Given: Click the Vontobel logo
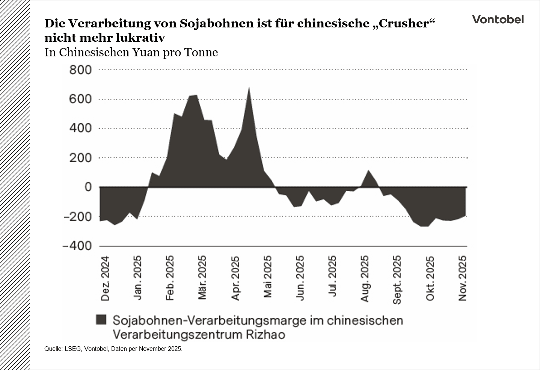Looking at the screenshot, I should [498, 20].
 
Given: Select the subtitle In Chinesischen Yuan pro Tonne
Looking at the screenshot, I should [131, 52].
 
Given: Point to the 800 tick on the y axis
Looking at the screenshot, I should [80, 70].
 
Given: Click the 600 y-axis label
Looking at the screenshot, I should [80, 99].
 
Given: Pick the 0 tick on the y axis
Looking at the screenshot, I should [88, 187].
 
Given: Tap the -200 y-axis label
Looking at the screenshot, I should [78, 217].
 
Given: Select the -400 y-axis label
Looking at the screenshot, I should [78, 246].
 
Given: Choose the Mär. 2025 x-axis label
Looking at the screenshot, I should [202, 278].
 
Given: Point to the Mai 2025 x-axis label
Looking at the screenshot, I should [267, 277].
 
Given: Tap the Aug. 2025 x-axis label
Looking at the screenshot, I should [365, 278].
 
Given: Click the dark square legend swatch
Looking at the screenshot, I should [101, 320].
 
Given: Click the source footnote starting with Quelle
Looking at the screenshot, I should [113, 349].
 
